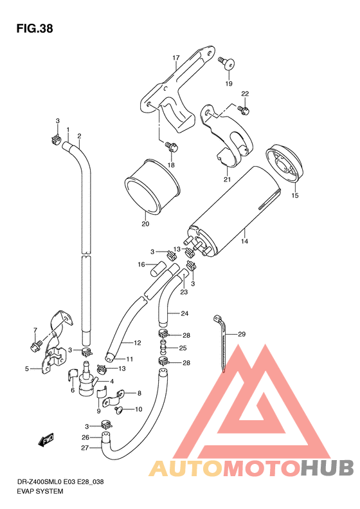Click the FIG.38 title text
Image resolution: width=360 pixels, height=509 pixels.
(34, 29)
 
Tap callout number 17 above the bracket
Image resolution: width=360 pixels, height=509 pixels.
(175, 58)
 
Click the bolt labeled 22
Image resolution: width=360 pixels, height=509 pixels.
(245, 111)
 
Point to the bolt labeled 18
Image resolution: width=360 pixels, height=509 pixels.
(171, 146)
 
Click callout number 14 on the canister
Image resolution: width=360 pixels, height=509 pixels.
(244, 241)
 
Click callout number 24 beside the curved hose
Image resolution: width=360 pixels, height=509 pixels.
(184, 314)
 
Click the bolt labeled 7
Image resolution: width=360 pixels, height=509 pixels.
(35, 346)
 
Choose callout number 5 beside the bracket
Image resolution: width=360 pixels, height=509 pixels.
(27, 369)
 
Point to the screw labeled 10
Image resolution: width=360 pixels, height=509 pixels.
(118, 409)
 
